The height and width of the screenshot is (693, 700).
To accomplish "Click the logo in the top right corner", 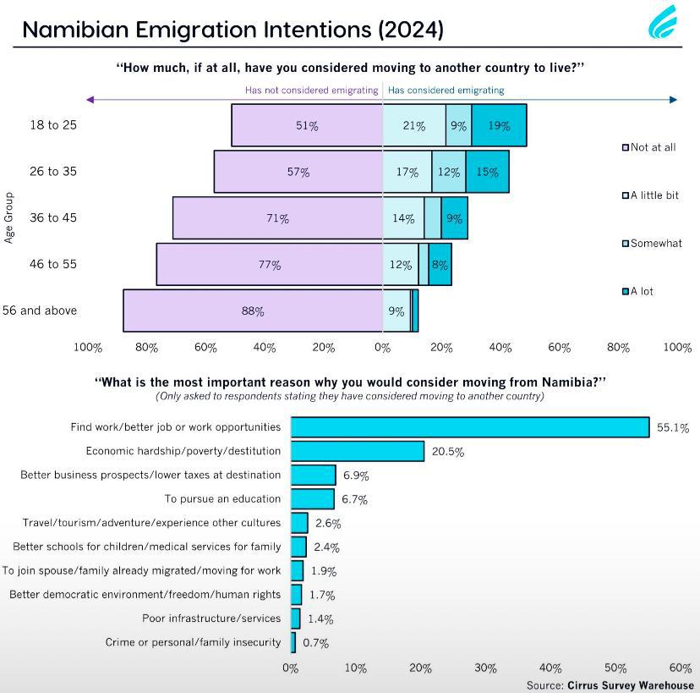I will (x=663, y=23).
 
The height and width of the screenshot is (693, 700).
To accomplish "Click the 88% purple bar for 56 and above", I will (x=253, y=311).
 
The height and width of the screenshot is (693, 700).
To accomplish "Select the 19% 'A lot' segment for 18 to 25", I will (x=499, y=125).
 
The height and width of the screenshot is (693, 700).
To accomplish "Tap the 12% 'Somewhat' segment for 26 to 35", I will (x=448, y=172).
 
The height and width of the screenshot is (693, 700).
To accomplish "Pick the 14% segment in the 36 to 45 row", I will (x=403, y=218).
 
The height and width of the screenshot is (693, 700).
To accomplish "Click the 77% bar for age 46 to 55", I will (x=269, y=264).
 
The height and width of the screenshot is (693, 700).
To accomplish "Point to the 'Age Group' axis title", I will (x=9, y=217).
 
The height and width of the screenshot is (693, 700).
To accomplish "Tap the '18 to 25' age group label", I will (x=52, y=125).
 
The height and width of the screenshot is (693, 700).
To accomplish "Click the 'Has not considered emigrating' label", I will (x=311, y=90).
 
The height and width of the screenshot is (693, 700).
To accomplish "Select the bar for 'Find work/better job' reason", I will (x=469, y=427).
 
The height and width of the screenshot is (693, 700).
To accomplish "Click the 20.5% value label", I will (x=447, y=452).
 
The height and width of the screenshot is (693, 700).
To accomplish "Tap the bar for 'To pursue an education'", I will (x=312, y=499).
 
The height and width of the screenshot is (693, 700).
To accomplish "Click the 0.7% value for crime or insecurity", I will (x=315, y=643).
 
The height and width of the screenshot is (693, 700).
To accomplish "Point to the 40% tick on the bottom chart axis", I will (x=550, y=668).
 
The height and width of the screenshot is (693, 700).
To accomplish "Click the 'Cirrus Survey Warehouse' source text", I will (x=631, y=685).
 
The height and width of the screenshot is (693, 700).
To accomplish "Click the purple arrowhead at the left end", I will (x=90, y=100).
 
